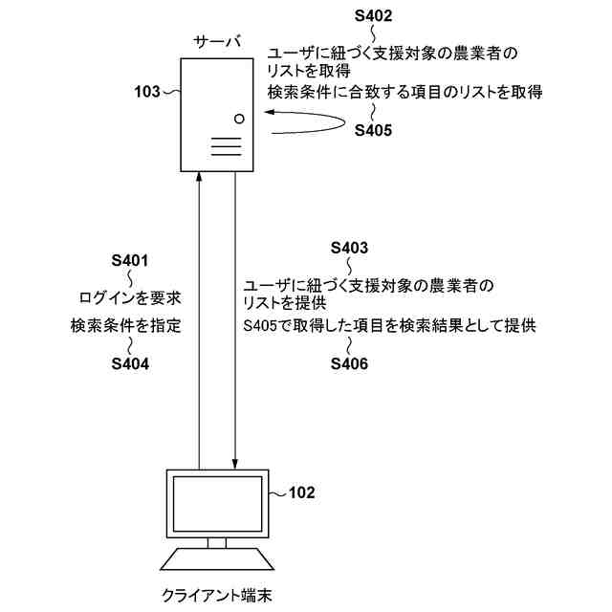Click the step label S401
pos(130,260)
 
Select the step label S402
pos(373,15)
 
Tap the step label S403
pos(349,248)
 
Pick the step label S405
pos(373,132)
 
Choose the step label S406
pos(349,363)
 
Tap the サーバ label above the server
pos(217,42)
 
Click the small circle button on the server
pos(240,120)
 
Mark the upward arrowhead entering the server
pos(198,179)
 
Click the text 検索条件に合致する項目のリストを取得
pos(406,92)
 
